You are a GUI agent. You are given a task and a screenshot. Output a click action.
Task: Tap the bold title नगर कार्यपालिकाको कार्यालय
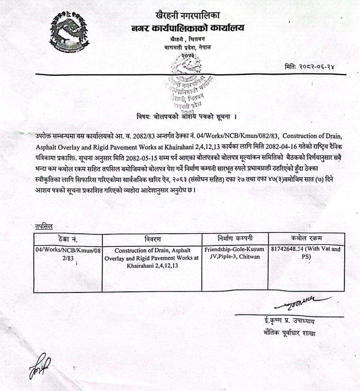point(188,28)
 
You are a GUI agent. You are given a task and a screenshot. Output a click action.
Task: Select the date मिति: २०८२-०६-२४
point(309,66)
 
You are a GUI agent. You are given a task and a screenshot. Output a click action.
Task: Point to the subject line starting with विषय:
point(186,117)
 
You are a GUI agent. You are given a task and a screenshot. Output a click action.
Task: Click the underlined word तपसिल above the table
point(44,227)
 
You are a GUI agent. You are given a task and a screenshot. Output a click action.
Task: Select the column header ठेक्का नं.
point(68,239)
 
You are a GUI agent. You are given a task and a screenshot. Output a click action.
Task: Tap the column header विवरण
point(152,239)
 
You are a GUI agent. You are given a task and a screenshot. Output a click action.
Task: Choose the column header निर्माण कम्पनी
point(235,238)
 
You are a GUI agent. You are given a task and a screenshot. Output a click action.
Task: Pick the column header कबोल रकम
point(306,238)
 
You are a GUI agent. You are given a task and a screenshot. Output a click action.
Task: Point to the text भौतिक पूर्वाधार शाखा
point(290,333)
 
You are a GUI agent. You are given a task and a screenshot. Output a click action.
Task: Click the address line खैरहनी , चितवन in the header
point(187,39)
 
